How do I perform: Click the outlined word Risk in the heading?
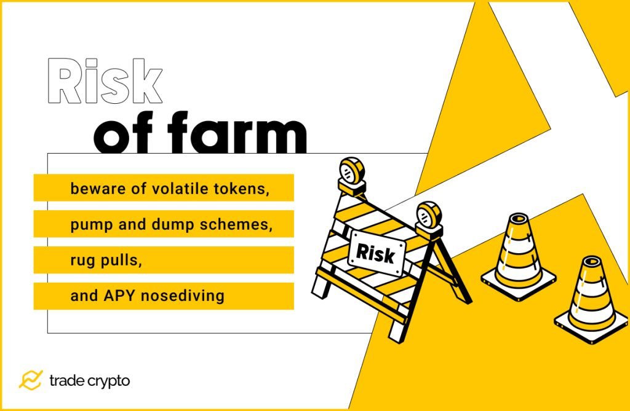coord(105,82)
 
